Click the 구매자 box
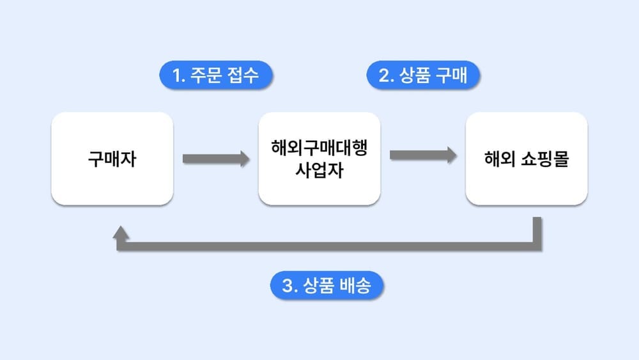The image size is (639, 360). pyautogui.click(x=112, y=159)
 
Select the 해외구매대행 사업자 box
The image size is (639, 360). pyautogui.click(x=319, y=159)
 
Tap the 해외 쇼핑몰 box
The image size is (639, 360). pyautogui.click(x=526, y=159)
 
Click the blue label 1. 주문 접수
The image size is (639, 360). pyautogui.click(x=216, y=76)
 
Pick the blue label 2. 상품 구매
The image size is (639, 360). pyautogui.click(x=423, y=76)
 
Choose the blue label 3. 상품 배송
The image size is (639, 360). pyautogui.click(x=326, y=286)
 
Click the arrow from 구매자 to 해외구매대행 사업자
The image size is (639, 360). pyautogui.click(x=215, y=159)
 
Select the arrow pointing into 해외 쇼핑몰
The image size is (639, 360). pyautogui.click(x=422, y=154)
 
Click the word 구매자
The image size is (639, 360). pyautogui.click(x=112, y=159)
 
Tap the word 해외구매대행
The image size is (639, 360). pyautogui.click(x=319, y=148)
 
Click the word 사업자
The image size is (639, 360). pyautogui.click(x=319, y=171)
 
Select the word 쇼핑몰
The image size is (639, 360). pyautogui.click(x=545, y=159)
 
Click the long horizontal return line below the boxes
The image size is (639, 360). pyautogui.click(x=326, y=246)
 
